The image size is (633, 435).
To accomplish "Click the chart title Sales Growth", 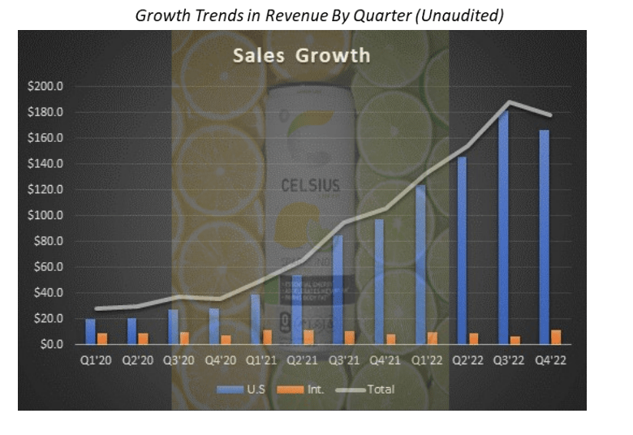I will point(301,56).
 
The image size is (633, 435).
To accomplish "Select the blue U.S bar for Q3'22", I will point(503,227).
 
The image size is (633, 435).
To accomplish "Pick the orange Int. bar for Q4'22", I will point(555,337).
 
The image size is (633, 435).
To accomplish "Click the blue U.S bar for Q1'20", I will point(90,331).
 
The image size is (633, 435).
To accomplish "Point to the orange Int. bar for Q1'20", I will point(101,338).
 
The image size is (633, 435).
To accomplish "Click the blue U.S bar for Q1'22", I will point(420,265).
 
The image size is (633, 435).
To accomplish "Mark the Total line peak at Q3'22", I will point(509,102).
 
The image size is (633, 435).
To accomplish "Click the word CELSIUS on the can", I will point(311,184).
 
